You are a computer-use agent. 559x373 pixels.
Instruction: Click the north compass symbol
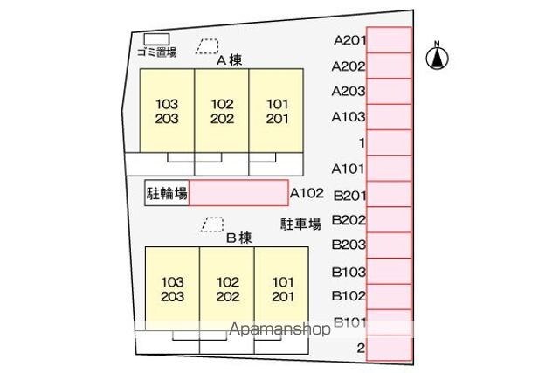[x=438, y=57]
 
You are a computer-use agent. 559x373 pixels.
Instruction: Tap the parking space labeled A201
[x=389, y=40]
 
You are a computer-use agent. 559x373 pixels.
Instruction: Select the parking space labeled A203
[x=389, y=91]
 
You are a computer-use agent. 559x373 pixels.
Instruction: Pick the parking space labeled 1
[x=389, y=142]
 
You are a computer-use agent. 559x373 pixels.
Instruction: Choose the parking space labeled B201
[x=389, y=194]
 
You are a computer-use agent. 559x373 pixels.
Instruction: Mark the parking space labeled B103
[x=389, y=271]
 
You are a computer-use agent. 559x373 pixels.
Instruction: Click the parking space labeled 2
[x=389, y=348]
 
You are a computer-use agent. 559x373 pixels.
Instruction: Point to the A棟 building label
[x=229, y=60]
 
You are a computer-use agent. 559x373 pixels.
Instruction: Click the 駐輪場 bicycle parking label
[x=167, y=193]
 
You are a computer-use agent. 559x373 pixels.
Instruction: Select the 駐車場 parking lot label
[x=301, y=224]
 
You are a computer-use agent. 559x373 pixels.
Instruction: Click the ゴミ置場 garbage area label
[x=157, y=52]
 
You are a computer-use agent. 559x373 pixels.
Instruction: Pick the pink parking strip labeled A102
[x=238, y=193]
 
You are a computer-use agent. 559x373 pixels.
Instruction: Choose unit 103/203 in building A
[x=162, y=110]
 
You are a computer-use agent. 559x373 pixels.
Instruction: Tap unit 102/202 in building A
[x=222, y=110]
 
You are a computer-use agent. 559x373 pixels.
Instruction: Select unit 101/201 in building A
[x=276, y=110]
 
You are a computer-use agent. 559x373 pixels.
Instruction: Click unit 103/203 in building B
[x=173, y=289]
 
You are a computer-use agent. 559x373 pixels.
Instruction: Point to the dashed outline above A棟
[x=208, y=45]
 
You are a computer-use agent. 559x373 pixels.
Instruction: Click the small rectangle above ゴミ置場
[x=157, y=38]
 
